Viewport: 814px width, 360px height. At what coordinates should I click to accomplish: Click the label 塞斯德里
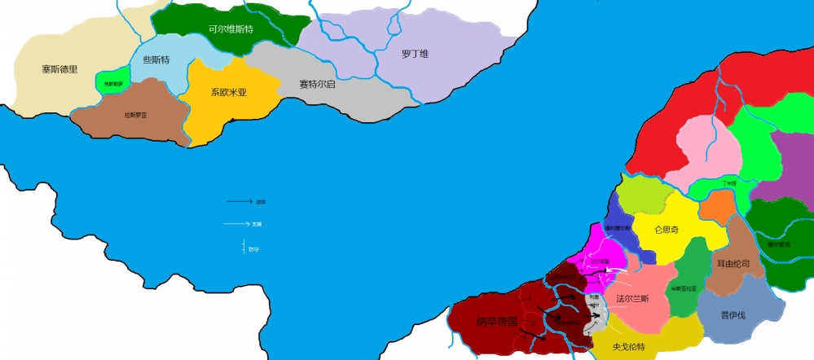pos(59,69)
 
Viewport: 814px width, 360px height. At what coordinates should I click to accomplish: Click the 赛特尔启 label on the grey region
pos(317,84)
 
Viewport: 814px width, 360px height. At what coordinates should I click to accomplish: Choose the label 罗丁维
pos(415,55)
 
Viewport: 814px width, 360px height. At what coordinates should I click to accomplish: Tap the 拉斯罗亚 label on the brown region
pos(136,115)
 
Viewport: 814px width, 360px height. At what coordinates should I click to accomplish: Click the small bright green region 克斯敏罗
pos(112,83)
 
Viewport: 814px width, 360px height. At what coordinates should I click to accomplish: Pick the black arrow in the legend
pos(239,200)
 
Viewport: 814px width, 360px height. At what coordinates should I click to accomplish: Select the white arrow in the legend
pos(237,223)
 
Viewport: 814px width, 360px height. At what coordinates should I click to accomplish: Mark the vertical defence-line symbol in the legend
pos(244,246)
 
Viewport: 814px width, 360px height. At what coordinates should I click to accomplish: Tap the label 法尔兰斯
pos(632,298)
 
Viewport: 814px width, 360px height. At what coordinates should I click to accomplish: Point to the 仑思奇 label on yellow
pos(666,230)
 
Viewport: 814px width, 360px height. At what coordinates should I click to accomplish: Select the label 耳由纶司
pos(733,263)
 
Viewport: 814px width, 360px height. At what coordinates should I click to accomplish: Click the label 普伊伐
pos(734,315)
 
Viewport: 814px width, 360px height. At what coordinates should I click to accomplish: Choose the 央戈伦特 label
pos(629,346)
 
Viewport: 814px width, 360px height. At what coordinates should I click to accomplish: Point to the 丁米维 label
pos(729,184)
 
